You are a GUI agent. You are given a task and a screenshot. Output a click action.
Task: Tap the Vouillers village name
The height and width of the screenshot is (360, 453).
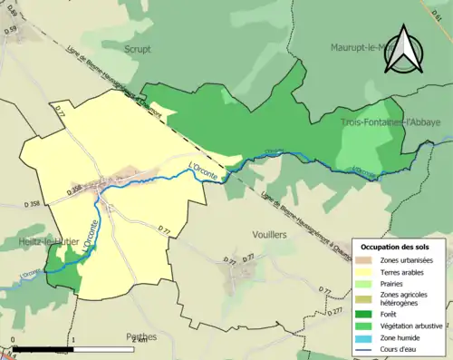[265, 233]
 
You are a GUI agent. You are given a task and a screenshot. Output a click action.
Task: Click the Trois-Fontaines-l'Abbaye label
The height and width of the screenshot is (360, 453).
[390, 122]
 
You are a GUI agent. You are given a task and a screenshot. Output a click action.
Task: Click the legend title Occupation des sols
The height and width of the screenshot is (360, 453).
[397, 247]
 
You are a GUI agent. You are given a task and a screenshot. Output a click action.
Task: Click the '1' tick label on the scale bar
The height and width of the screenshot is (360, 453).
[72, 339]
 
